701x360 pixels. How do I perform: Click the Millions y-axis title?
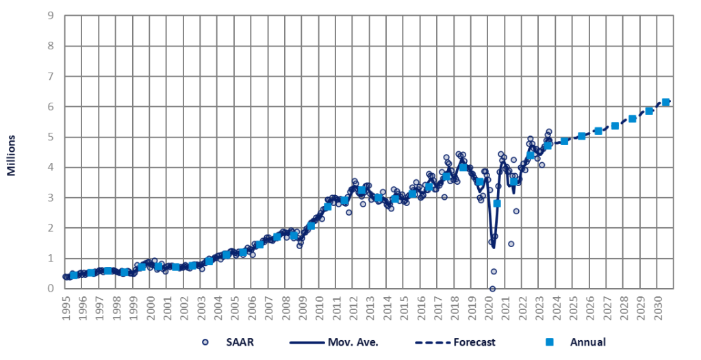12,157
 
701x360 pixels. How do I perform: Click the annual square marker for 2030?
665,103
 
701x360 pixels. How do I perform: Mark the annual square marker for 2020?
497,203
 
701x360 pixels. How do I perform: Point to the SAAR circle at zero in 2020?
492,288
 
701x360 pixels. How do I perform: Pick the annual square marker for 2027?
615,126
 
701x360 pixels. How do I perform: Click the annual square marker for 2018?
463,167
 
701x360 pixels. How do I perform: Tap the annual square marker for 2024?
564,141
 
